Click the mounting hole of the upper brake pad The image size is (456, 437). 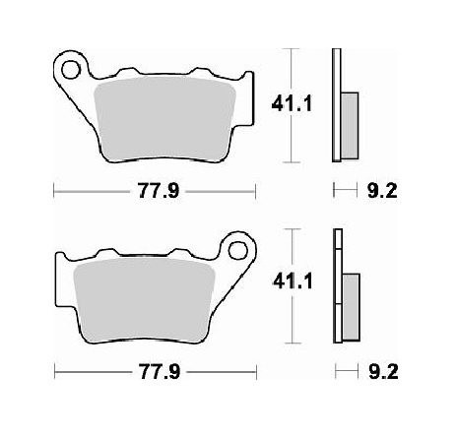[70, 69]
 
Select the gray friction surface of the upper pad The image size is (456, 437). [163, 114]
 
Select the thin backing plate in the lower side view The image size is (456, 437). [338, 285]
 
